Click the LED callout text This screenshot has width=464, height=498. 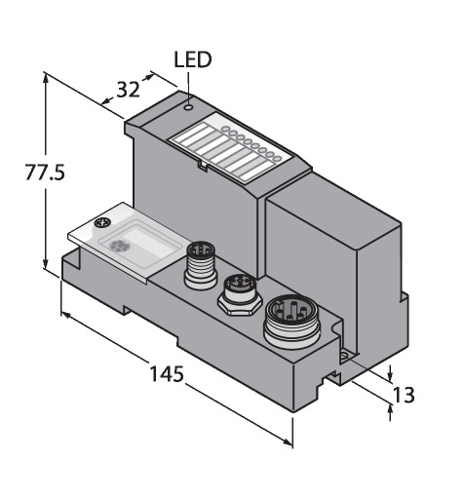(x=193, y=59)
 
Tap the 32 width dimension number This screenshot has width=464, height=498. (x=128, y=90)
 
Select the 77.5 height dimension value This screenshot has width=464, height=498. (x=45, y=172)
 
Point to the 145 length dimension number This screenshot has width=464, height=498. (x=167, y=373)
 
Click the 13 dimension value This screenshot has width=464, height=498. (x=404, y=395)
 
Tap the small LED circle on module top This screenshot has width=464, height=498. (x=188, y=107)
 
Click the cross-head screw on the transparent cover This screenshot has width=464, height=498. (x=102, y=223)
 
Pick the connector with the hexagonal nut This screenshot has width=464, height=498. (x=240, y=294)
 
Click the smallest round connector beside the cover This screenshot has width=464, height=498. (x=201, y=264)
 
